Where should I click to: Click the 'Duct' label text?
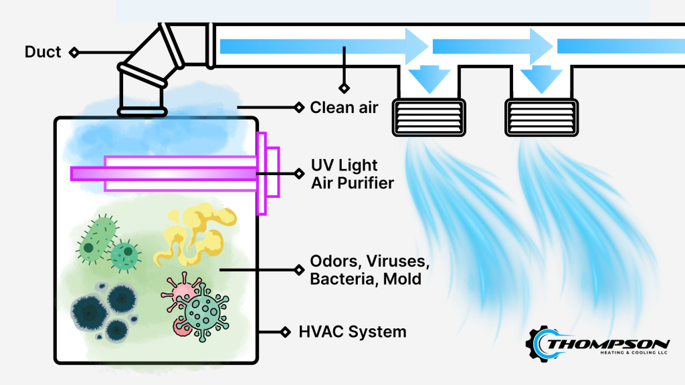43,51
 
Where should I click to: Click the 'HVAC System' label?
353,332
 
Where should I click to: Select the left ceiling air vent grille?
428,116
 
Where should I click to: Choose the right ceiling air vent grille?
541,116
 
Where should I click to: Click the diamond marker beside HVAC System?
286,332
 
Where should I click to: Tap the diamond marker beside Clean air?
299,107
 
